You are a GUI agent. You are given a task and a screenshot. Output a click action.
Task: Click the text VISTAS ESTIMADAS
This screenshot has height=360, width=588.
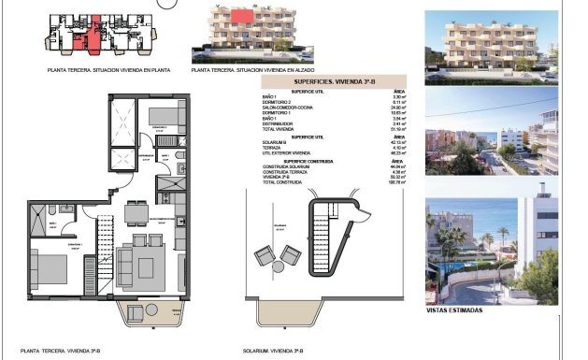coord(455,310)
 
